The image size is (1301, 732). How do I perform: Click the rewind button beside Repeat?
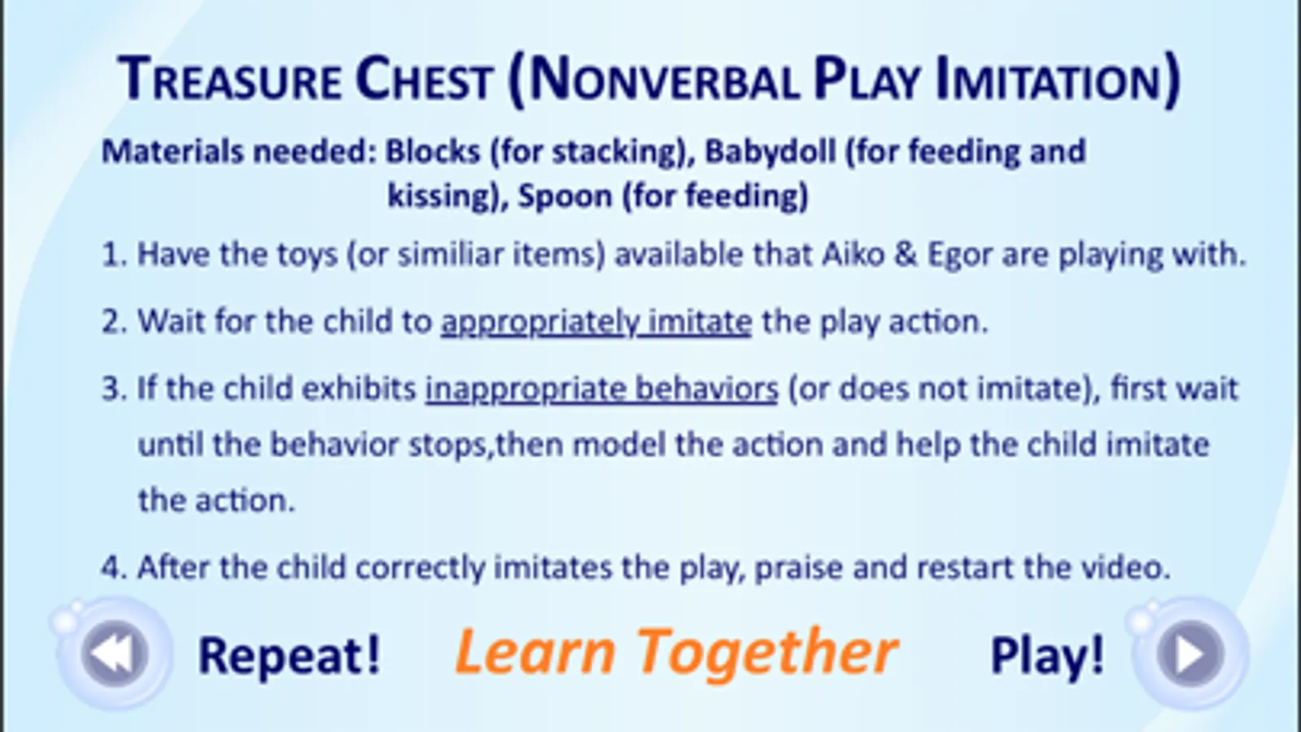(x=115, y=654)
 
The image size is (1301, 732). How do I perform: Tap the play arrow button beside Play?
(x=1190, y=654)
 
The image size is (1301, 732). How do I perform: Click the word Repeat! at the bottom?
(x=289, y=656)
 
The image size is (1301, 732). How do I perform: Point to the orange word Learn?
(x=535, y=652)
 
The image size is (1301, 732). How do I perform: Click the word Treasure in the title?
(x=229, y=79)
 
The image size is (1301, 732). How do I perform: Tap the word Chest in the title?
(x=424, y=79)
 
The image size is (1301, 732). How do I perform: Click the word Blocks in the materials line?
(x=434, y=151)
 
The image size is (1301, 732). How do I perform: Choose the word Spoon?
(x=565, y=196)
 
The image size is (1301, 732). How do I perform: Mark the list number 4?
(x=111, y=567)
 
